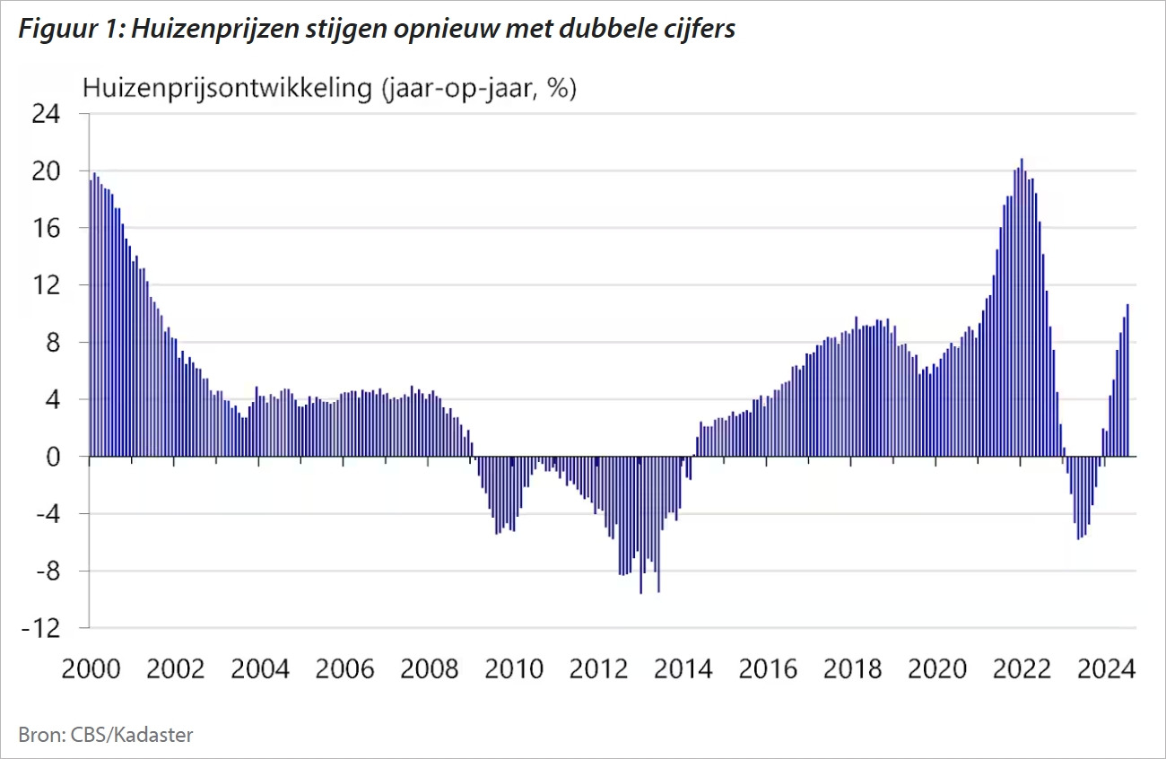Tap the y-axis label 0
pos(53,457)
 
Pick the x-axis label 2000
pos(91,669)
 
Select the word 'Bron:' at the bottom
pos(39,736)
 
